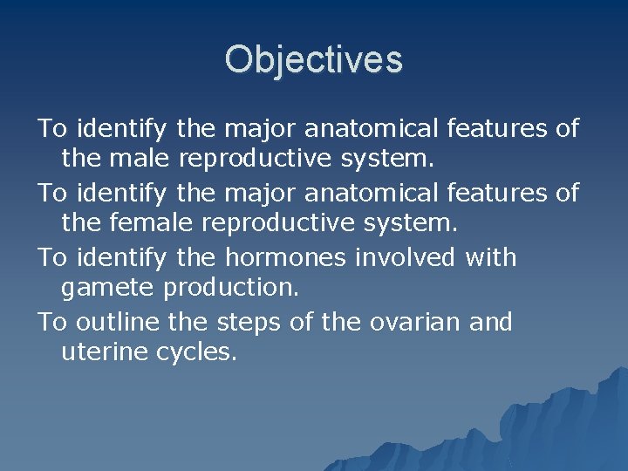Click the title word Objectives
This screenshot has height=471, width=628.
tap(313, 59)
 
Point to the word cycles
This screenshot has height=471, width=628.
tap(197, 355)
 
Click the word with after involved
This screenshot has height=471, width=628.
tap(491, 257)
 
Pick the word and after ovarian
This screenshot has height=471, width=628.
tap(491, 322)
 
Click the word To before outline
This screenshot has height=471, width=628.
tap(53, 322)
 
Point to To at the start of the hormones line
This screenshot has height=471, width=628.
tap(53, 257)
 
